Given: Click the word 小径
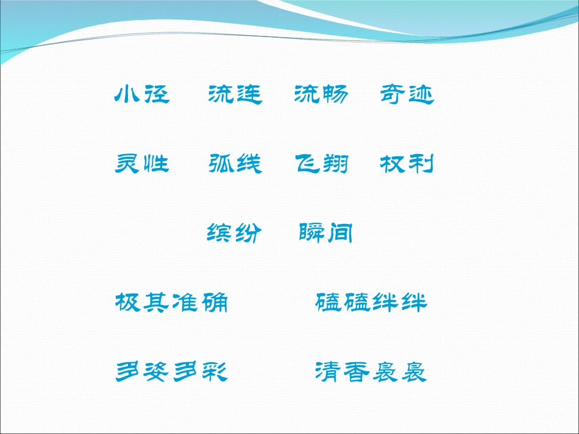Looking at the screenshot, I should click(142, 94).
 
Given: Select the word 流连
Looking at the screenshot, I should click(235, 94).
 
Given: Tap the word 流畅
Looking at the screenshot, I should click(321, 94).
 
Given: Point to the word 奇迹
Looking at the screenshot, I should click(407, 94).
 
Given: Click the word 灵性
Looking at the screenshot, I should click(142, 164).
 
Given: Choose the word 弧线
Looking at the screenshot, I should click(235, 164).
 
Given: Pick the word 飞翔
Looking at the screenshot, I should click(321, 164).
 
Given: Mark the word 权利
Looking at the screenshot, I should click(407, 164).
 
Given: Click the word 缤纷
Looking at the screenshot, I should click(235, 233).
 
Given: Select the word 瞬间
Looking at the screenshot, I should click(326, 233).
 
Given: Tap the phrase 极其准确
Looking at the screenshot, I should click(171, 302).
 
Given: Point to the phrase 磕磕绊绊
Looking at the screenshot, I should click(372, 302).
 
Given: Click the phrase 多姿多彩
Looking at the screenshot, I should click(171, 371).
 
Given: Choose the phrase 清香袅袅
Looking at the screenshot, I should click(372, 371).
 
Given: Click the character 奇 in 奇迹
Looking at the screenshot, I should click(393, 94).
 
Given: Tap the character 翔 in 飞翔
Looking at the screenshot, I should click(335, 164).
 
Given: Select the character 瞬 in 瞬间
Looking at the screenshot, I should click(311, 233).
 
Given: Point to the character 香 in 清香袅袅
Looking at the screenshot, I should click(357, 371).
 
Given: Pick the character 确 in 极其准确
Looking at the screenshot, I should click(215, 302).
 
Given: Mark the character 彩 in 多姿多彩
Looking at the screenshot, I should click(215, 371).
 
